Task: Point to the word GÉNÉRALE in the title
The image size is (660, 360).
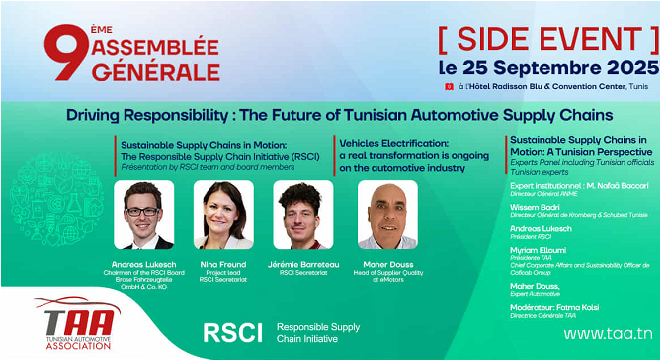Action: click(x=156, y=72)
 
